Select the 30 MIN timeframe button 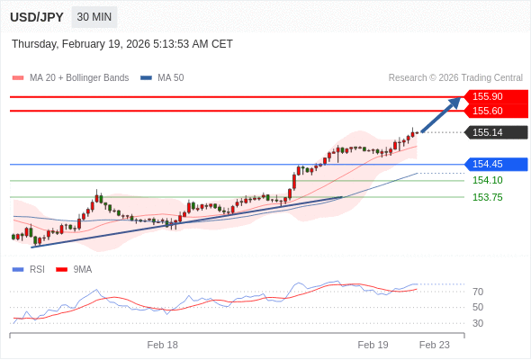coord(94,17)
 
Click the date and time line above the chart coord(122,43)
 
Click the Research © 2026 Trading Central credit coord(455,77)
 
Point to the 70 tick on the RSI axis coord(478,292)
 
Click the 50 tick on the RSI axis coord(478,307)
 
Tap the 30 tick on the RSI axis coord(478,323)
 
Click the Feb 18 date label coord(163,345)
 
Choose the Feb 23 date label coord(435,345)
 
